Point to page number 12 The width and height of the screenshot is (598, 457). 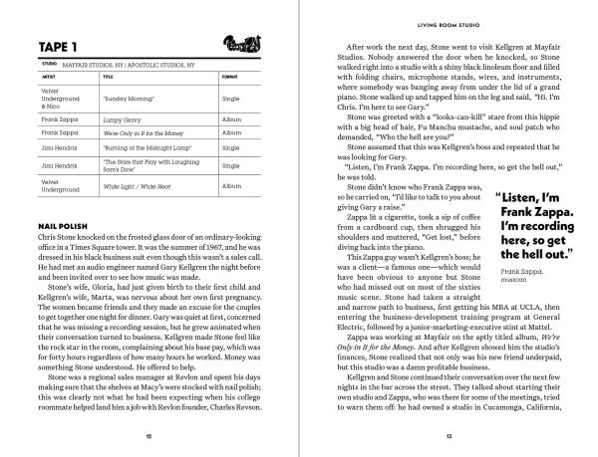[149, 436]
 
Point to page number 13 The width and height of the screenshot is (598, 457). [449, 436]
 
